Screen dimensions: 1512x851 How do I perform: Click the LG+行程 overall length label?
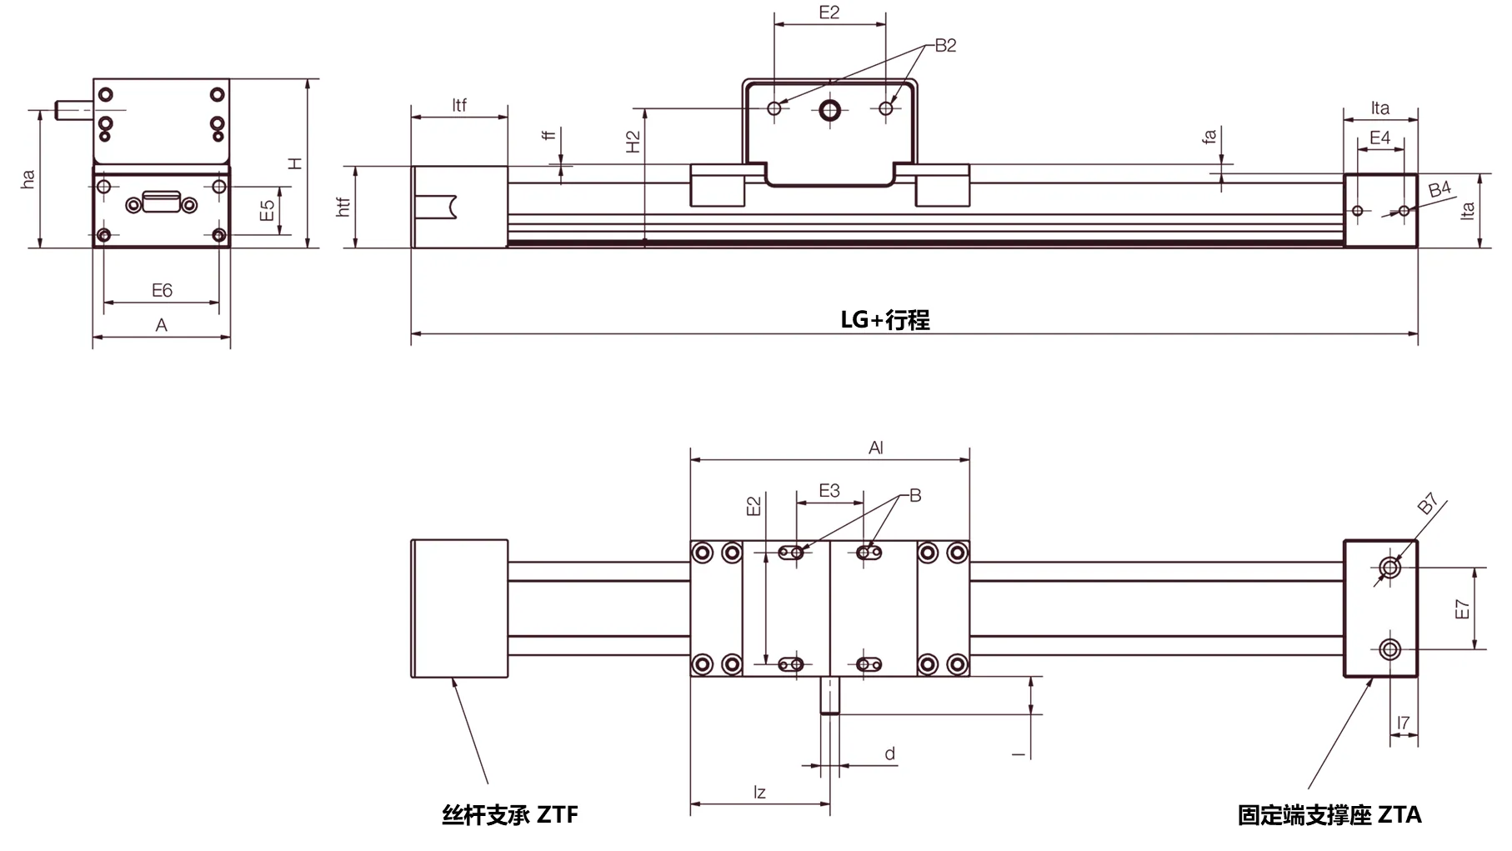point(884,320)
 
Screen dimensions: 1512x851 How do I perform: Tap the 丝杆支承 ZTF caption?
point(509,814)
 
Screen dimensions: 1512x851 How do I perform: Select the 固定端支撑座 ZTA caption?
point(1329,814)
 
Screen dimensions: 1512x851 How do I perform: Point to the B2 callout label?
point(945,46)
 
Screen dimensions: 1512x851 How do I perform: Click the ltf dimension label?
point(459,105)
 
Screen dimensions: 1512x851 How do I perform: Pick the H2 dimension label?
point(633,142)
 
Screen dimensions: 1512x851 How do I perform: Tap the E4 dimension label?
point(1379,138)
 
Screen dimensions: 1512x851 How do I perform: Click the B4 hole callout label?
point(1439,190)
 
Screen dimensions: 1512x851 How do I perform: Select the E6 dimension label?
point(162,290)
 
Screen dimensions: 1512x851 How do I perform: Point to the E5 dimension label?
point(267,211)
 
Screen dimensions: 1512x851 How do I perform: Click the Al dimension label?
point(875,448)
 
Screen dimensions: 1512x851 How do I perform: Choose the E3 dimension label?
point(829,491)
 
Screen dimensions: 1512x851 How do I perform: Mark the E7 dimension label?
point(1462,609)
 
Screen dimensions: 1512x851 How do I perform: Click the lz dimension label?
point(759,793)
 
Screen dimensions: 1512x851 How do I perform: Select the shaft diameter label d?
point(889,753)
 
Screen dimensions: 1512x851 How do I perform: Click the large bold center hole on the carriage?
point(829,109)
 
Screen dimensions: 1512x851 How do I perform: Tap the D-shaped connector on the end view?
point(162,203)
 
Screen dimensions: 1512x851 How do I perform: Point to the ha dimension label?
point(28,179)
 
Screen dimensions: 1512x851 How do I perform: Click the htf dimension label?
point(343,208)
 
